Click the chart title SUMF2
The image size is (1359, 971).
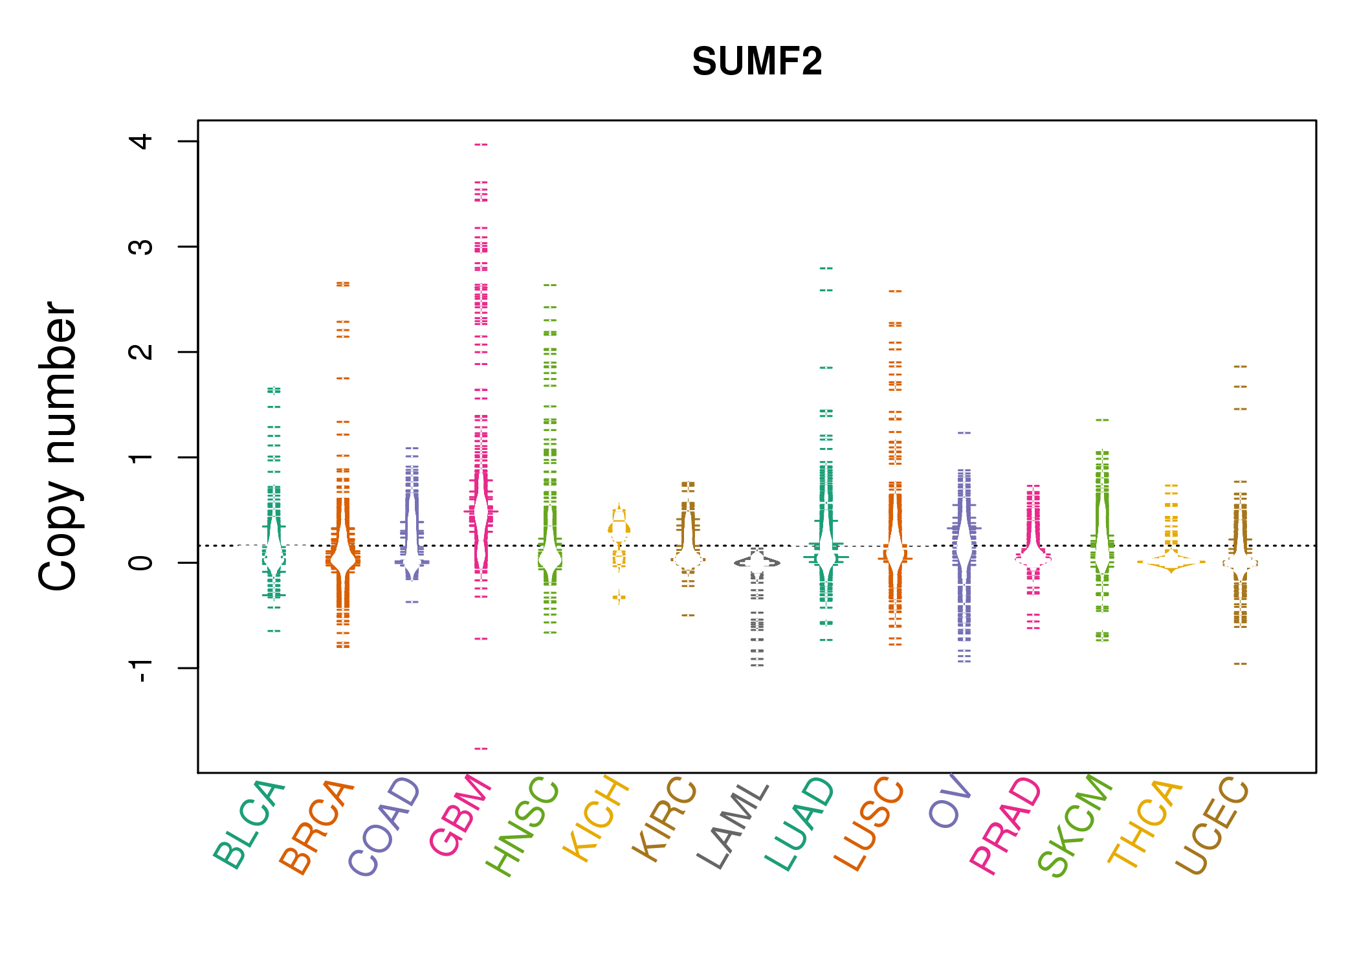pos(757,61)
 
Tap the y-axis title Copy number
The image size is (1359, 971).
pos(58,446)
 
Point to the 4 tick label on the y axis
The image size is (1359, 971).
pos(140,141)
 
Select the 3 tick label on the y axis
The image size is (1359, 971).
pos(140,247)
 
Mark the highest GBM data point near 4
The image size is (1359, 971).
pos(481,144)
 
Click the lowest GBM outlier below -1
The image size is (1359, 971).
pos(481,748)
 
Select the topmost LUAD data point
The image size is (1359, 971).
pos(826,268)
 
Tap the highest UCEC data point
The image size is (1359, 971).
pos(1240,366)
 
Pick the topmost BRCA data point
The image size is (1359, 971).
pos(343,284)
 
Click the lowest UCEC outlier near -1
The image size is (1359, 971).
pos(1240,664)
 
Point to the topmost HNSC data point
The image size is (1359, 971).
pos(550,285)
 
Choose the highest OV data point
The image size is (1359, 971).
pos(964,432)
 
